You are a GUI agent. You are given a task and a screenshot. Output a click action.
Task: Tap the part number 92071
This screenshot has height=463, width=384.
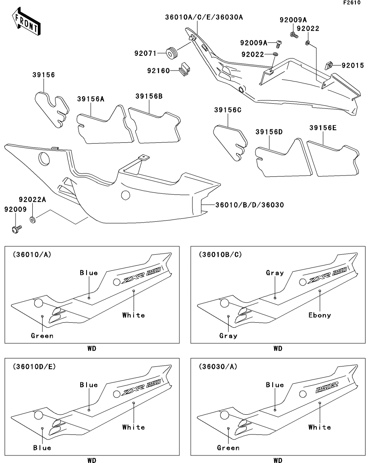145,53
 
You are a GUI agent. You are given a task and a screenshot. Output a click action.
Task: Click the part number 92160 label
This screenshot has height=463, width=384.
158,71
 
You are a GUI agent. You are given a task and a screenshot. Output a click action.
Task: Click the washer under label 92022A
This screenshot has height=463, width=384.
32,220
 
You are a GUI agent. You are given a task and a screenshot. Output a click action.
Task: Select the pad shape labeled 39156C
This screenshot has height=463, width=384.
230,142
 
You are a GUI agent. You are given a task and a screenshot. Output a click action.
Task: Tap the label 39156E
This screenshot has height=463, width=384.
323,128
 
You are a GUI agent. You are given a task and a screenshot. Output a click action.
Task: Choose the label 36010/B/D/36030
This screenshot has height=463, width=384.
250,205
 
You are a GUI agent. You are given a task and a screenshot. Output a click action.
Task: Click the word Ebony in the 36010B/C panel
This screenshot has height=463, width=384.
320,315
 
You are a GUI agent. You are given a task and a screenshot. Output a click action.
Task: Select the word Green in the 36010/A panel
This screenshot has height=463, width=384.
42,336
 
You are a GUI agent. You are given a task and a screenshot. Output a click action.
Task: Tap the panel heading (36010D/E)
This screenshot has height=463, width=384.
34,366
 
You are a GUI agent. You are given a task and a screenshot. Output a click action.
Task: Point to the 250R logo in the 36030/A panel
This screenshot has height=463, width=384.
326,387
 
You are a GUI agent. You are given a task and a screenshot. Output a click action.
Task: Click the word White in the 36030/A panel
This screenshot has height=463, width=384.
320,427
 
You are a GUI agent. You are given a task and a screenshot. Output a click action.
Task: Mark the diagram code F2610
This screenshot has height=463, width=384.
352,3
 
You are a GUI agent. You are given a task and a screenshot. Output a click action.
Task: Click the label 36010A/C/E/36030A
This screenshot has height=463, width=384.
204,18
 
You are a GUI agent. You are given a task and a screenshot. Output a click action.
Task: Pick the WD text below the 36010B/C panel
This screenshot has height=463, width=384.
278,348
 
